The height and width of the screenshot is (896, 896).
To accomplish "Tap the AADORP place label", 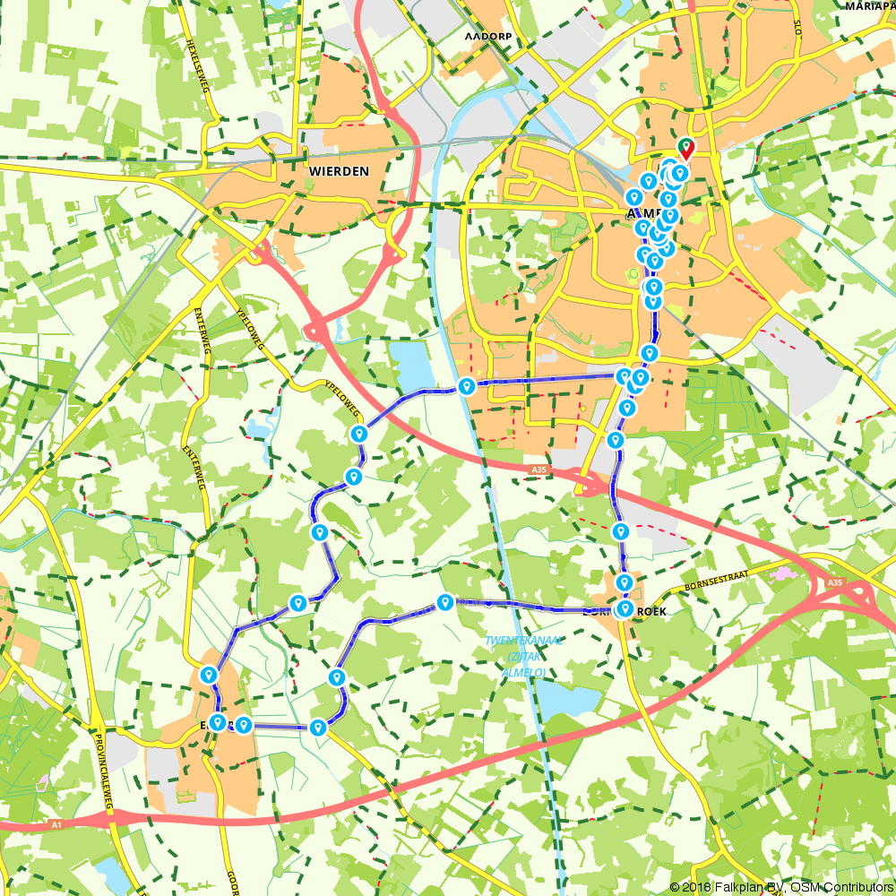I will click(487, 37).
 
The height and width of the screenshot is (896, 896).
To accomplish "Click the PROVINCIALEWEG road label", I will click(103, 770).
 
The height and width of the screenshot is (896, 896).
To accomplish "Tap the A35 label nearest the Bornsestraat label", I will click(835, 582).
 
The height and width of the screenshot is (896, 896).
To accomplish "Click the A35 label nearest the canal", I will click(538, 469).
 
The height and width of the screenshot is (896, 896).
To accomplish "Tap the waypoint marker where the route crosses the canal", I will click(466, 386).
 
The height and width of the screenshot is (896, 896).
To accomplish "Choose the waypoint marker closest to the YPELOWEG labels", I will click(359, 435).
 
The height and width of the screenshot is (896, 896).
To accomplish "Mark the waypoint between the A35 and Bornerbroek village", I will click(619, 532).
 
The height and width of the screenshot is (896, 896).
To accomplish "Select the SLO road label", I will click(797, 27).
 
